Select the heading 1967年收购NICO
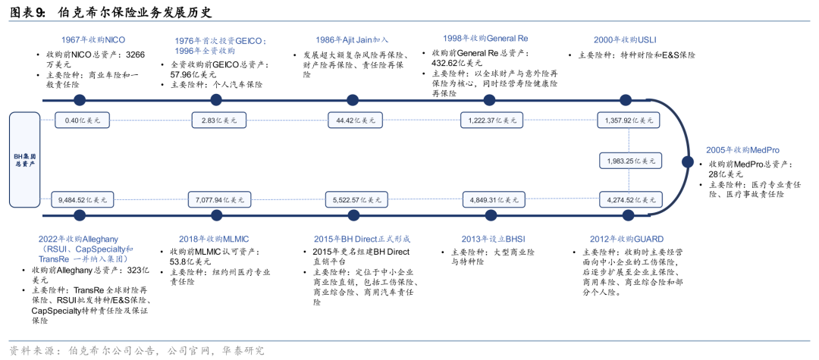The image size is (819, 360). point(93,39)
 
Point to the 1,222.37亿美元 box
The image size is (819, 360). point(491,121)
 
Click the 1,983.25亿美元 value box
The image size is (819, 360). point(630,161)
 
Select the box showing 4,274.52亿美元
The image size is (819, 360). point(630,199)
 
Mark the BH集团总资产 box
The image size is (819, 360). point(24,160)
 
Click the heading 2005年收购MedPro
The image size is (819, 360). point(742,150)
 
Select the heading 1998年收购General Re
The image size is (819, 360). point(485,39)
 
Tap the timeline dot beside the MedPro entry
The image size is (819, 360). point(688,162)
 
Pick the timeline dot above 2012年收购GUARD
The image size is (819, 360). point(627,214)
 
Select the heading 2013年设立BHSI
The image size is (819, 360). point(492,239)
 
